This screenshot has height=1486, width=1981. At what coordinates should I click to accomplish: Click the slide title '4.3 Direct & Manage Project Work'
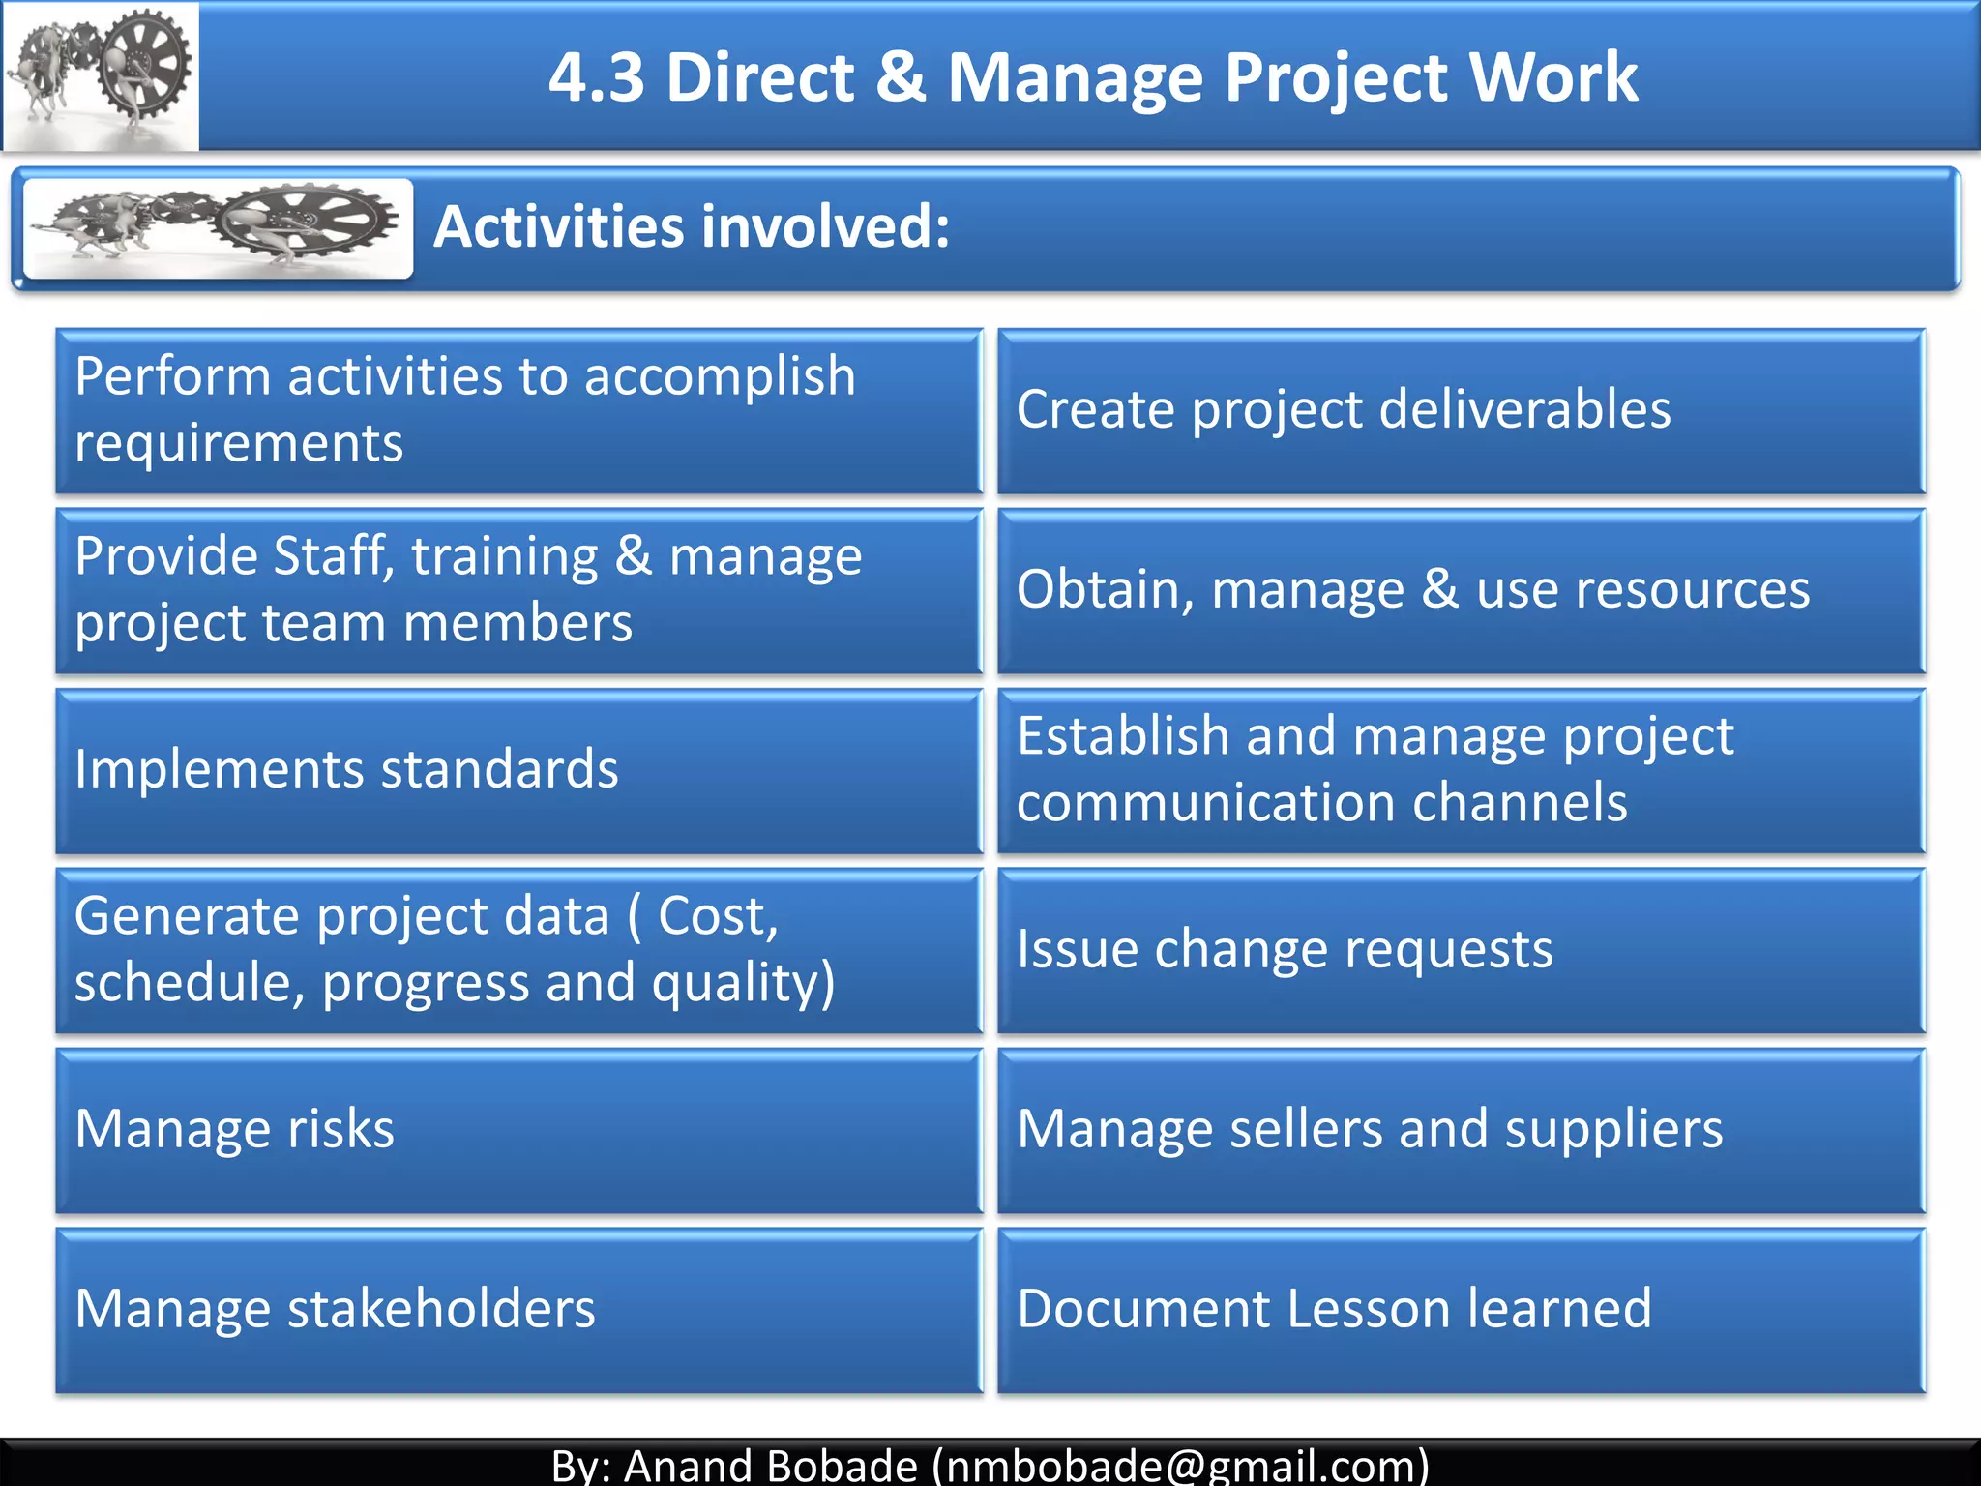click(1093, 77)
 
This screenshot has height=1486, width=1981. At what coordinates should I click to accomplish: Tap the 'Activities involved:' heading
click(692, 226)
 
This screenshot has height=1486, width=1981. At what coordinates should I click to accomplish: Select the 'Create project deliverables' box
click(1461, 411)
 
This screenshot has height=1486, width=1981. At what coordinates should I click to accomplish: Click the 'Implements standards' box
click(518, 771)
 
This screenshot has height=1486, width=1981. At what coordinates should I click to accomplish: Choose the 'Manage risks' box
click(518, 1130)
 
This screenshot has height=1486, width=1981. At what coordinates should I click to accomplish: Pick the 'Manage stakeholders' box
click(518, 1310)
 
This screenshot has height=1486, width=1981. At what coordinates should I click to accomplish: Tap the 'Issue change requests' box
click(1461, 950)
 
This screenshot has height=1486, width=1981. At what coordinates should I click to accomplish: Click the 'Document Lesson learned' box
click(1461, 1310)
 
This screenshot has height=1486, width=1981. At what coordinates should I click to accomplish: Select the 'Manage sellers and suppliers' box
click(1461, 1130)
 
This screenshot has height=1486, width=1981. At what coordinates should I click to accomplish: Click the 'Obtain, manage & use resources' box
click(1461, 590)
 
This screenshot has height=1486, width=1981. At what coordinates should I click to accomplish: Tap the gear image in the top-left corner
click(101, 75)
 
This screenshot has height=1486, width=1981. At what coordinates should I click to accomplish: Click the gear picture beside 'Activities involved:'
click(219, 228)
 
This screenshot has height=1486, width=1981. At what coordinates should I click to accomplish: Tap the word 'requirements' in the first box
click(239, 444)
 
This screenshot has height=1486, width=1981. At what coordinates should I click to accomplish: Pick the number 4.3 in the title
click(596, 77)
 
